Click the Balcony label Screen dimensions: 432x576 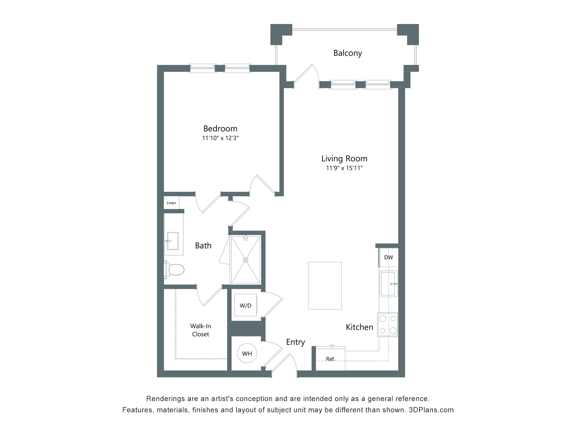coord(347,53)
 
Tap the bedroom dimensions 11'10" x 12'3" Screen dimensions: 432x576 coord(220,138)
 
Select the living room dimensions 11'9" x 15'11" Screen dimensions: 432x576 coord(344,168)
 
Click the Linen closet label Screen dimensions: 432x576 coord(171,203)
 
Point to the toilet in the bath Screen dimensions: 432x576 coord(175,269)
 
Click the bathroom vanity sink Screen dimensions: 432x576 coord(173,241)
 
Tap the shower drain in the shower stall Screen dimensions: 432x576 coord(246,259)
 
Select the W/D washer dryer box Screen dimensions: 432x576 coord(245,305)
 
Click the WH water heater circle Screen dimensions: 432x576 coord(247,353)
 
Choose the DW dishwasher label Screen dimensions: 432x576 coord(388,257)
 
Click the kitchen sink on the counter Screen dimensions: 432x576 coord(388,283)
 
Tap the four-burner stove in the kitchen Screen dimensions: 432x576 coord(388,324)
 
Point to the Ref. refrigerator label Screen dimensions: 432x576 coord(330,359)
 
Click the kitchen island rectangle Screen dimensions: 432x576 coord(325,285)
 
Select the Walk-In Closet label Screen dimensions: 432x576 coord(200,330)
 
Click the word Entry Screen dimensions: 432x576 coord(295,342)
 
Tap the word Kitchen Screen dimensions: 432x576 coord(359,327)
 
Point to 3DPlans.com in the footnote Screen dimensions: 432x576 coord(431,410)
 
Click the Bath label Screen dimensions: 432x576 coord(203,245)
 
